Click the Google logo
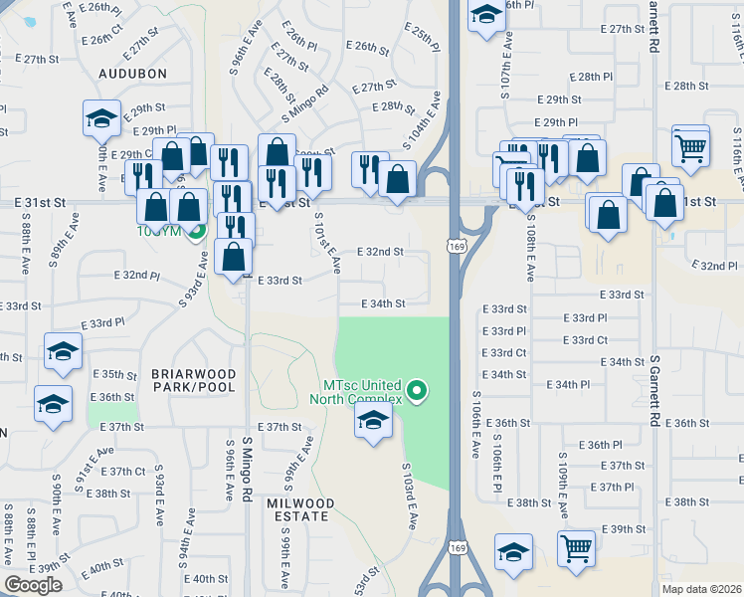point(33,585)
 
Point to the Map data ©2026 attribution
point(701,589)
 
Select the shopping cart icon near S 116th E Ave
point(690,146)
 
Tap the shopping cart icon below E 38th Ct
point(576,547)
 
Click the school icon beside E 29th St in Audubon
point(101,119)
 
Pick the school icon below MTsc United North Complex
point(373,420)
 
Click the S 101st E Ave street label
point(327,243)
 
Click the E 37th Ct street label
point(127,472)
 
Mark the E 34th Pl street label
point(567,384)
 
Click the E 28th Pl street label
point(594,76)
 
